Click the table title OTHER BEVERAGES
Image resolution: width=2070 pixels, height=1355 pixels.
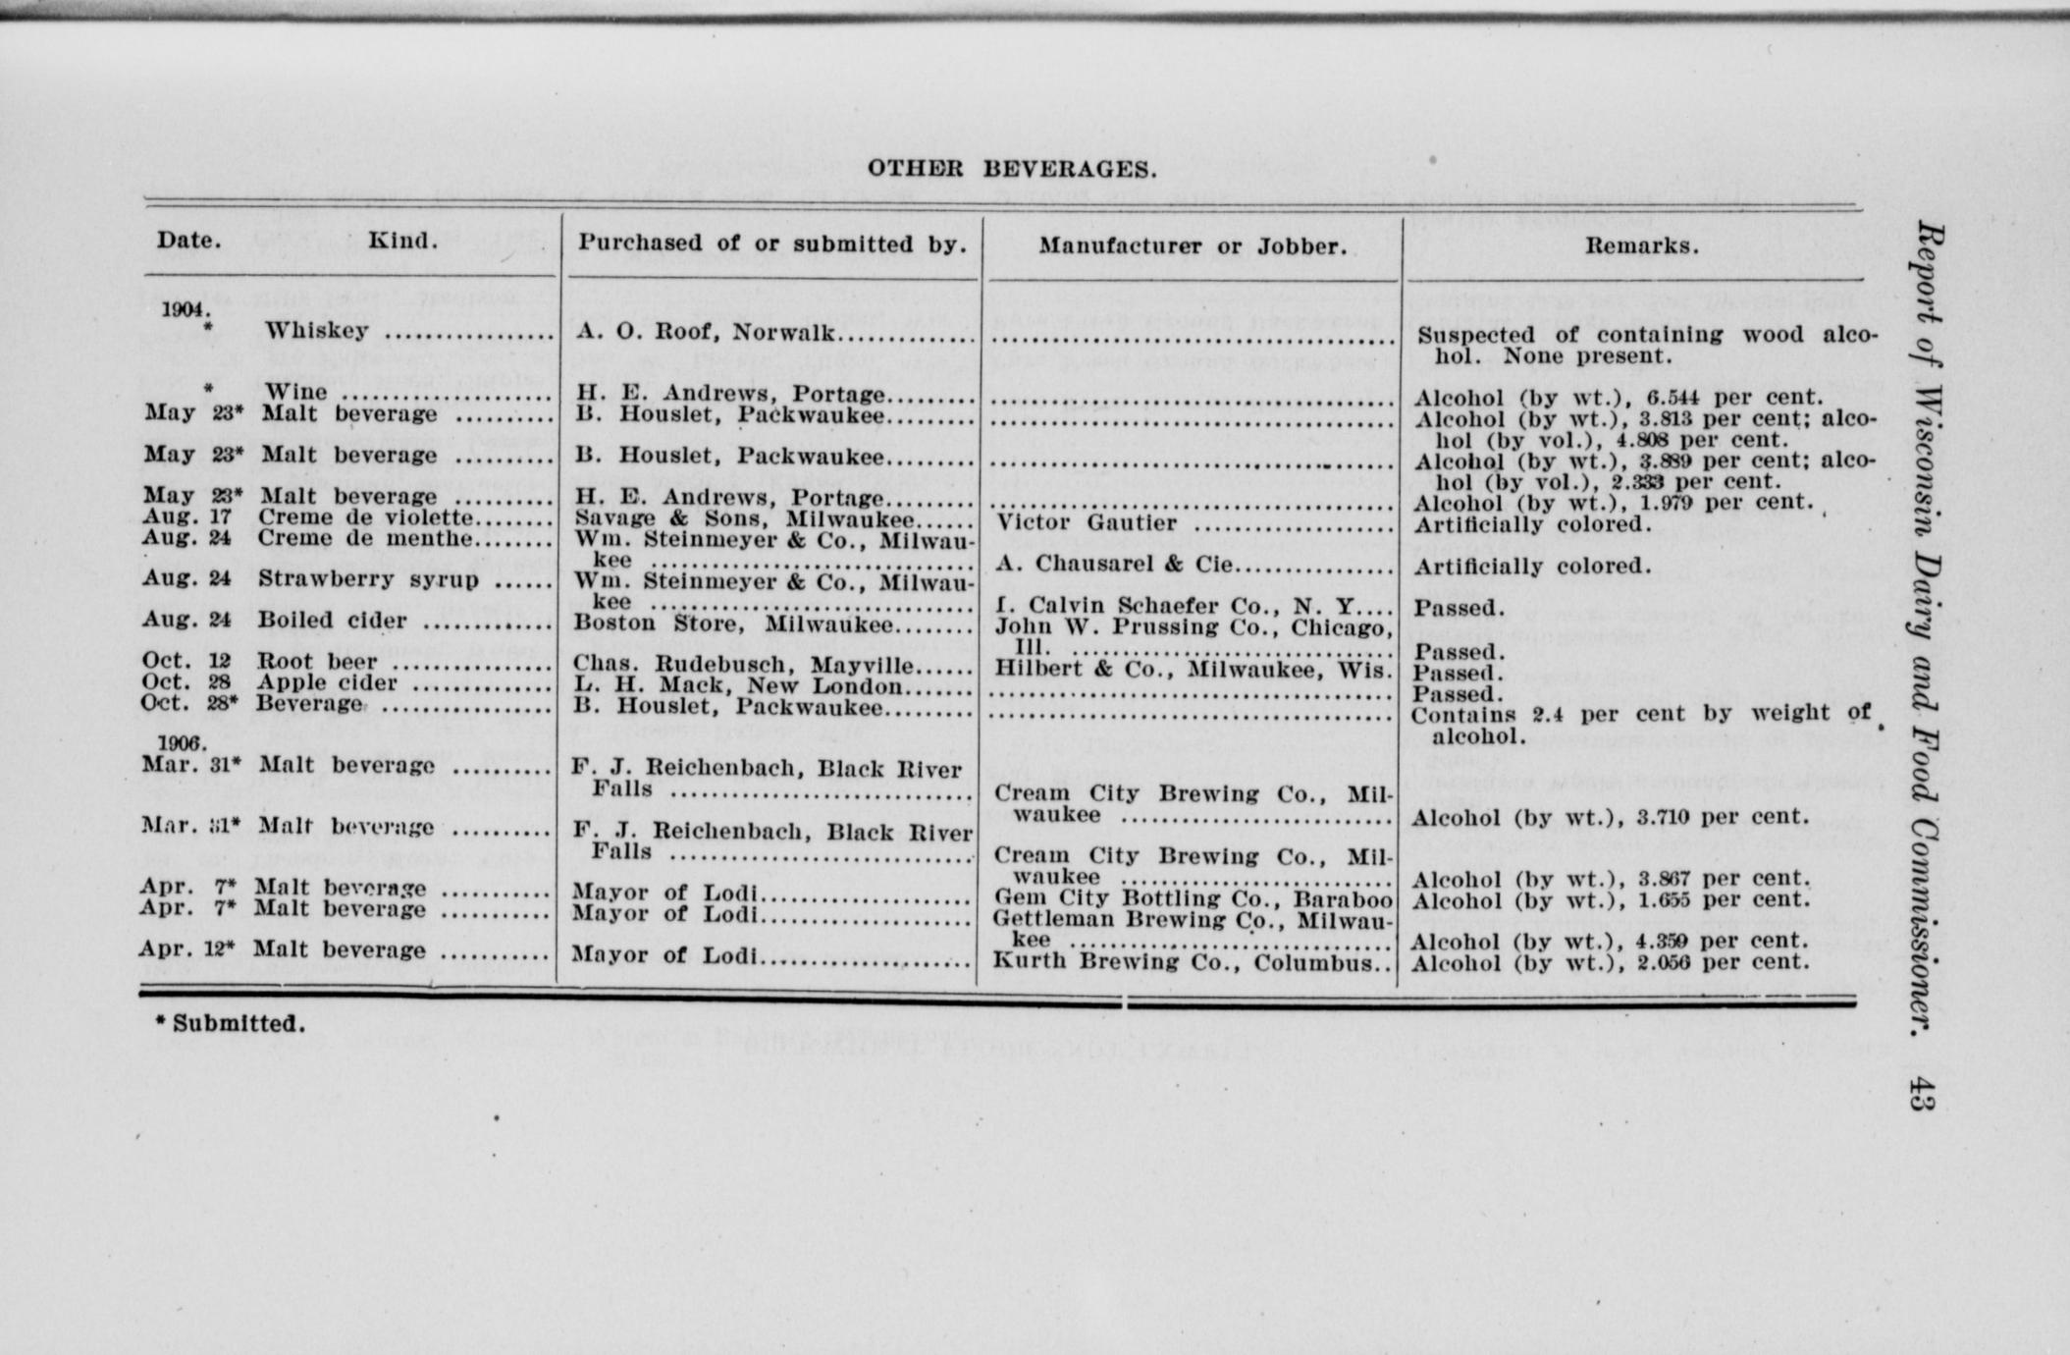point(1011,169)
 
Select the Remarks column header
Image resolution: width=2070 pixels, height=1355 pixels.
point(1641,245)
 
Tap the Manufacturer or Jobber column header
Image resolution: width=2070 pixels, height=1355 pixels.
point(1193,245)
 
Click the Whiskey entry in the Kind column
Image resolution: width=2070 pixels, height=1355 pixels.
point(316,331)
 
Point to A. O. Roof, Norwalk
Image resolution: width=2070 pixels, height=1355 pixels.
point(706,332)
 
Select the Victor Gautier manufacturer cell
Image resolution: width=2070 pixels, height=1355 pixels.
point(1087,522)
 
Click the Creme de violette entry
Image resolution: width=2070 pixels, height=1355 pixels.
point(366,516)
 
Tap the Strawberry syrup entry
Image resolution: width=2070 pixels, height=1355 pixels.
point(368,578)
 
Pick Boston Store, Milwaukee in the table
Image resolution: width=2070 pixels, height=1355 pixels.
point(733,623)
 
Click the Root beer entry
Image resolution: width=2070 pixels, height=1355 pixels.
point(317,661)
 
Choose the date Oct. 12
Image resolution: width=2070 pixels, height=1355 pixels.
point(186,661)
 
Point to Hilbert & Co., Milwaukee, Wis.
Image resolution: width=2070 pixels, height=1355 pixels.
point(1192,669)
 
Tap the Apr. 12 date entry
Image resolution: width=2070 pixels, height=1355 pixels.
point(186,949)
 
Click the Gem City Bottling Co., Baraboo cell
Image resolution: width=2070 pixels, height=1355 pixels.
point(1193,897)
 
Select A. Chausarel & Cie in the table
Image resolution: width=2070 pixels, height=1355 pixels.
point(1115,564)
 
